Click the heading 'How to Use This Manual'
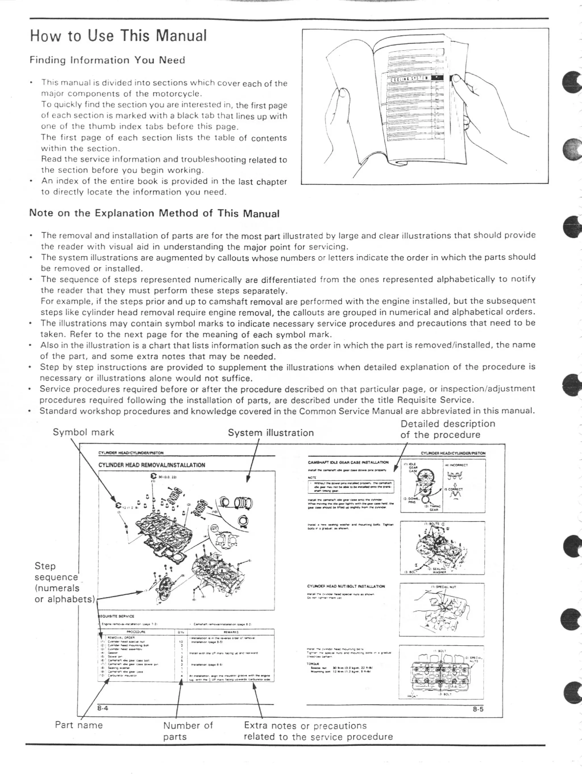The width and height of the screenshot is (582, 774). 119,36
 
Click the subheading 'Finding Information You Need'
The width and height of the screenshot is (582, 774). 107,60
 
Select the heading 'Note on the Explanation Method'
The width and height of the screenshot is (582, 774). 154,213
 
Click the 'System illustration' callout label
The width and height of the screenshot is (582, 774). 271,433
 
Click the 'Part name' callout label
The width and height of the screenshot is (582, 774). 79,725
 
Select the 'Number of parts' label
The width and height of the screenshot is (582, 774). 188,731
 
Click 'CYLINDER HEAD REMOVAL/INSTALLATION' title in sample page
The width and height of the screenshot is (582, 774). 152,465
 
